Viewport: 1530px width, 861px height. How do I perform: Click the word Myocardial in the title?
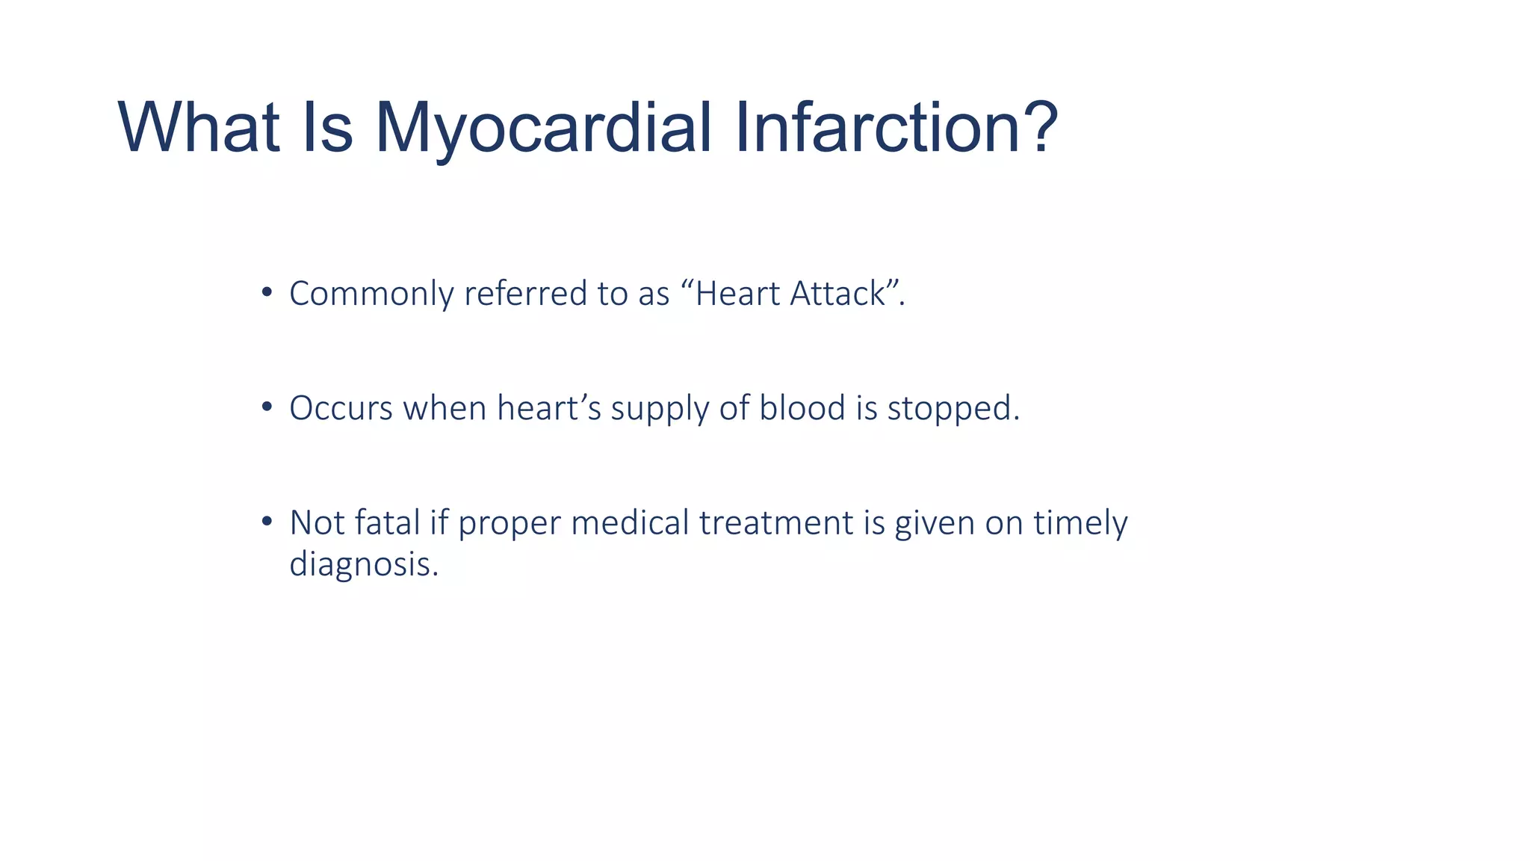[x=543, y=128]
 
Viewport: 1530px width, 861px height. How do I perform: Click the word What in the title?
[x=198, y=128]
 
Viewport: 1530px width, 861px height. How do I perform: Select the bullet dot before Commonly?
[x=267, y=292]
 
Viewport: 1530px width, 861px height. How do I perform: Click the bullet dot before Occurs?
[x=267, y=407]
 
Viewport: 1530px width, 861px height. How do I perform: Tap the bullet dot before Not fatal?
[x=267, y=522]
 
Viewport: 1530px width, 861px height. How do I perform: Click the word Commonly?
[x=371, y=294]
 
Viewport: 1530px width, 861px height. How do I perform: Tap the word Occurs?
[x=341, y=408]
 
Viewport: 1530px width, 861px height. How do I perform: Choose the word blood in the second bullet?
[x=802, y=408]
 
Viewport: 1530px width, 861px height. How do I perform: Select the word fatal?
[x=387, y=522]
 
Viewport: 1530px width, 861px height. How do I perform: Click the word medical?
[x=630, y=522]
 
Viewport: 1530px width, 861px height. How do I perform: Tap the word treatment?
[x=775, y=522]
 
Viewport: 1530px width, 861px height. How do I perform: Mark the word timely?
[x=1080, y=523]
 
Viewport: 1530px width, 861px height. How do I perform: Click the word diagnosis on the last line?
[x=361, y=564]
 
